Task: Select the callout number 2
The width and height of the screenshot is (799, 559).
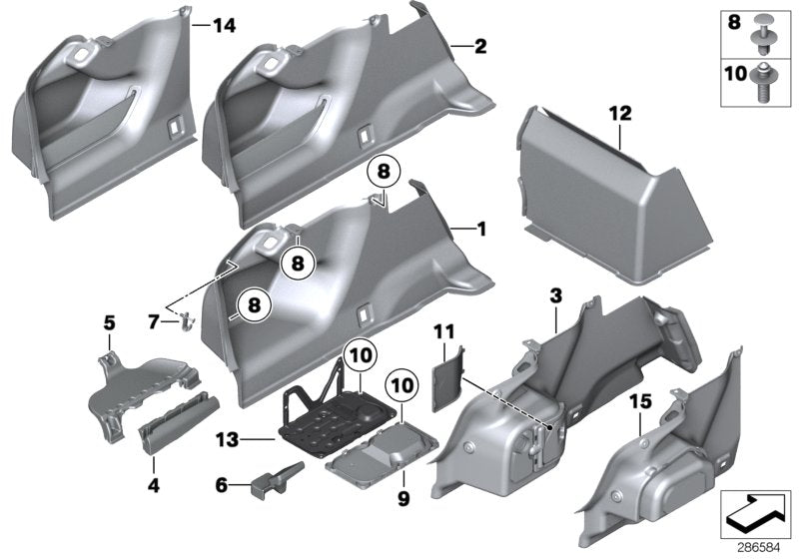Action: point(480,47)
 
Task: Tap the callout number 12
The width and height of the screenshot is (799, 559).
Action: point(621,115)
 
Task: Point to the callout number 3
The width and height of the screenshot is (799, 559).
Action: point(556,296)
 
